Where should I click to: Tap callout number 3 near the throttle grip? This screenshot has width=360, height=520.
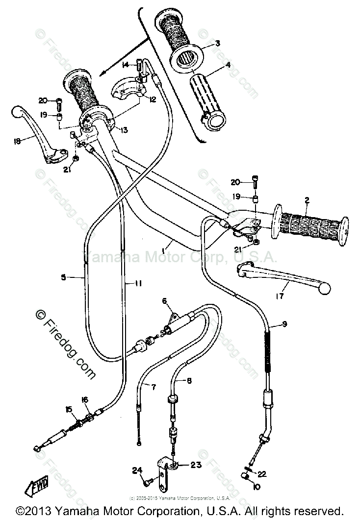[x=217, y=44]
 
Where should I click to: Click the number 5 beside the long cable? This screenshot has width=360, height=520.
[x=63, y=277]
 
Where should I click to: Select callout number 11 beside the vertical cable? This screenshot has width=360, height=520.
[x=139, y=283]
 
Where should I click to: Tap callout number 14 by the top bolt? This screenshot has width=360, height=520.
[x=125, y=65]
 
